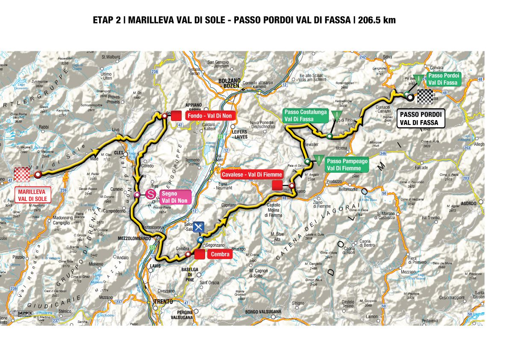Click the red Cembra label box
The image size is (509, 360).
pyautogui.click(x=220, y=255)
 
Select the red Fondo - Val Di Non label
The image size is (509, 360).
pyautogui.click(x=206, y=115)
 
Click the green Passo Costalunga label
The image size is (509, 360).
pyautogui.click(x=305, y=115)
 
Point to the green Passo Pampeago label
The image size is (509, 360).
pyautogui.click(x=347, y=165)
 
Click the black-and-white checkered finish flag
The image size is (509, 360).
pyautogui.click(x=425, y=97)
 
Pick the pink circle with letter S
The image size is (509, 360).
pyautogui.click(x=150, y=195)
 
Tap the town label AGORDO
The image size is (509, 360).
pyautogui.click(x=468, y=204)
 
